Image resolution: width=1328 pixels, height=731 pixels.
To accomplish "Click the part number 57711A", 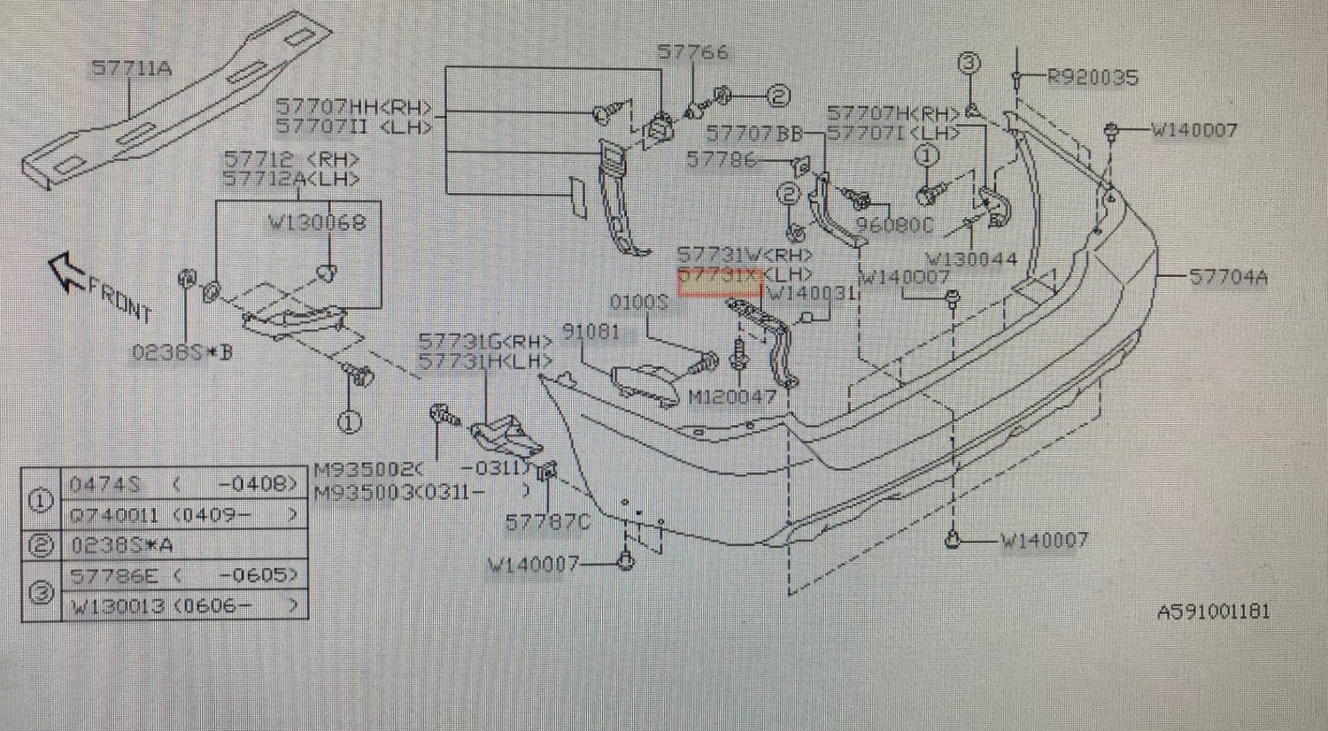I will coord(132,68).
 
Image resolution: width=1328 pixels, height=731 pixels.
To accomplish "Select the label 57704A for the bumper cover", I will coord(1227,277).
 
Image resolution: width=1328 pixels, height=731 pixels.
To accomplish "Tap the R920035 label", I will coord(1092,78).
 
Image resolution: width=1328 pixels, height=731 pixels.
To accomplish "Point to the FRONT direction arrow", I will coord(66,270).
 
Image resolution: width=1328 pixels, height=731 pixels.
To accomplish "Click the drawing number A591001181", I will coord(1213,612).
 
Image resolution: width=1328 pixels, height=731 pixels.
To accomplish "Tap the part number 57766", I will coord(692,52).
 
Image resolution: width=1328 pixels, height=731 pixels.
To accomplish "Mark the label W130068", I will coord(317,223).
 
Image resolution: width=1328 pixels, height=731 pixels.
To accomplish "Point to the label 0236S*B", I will coord(181,353).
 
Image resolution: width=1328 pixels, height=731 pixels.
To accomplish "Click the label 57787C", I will coord(547,522).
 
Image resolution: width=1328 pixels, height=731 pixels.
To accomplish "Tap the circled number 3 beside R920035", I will coord(969,64).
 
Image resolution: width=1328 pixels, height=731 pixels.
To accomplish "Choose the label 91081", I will coord(591,332).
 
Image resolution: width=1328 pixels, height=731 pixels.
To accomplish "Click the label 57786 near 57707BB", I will coord(722,159).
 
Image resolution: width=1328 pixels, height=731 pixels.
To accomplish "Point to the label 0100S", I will coord(638,304).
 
